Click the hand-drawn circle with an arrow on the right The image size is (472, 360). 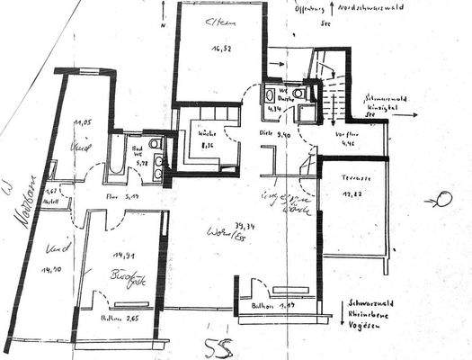click(x=442, y=198)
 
